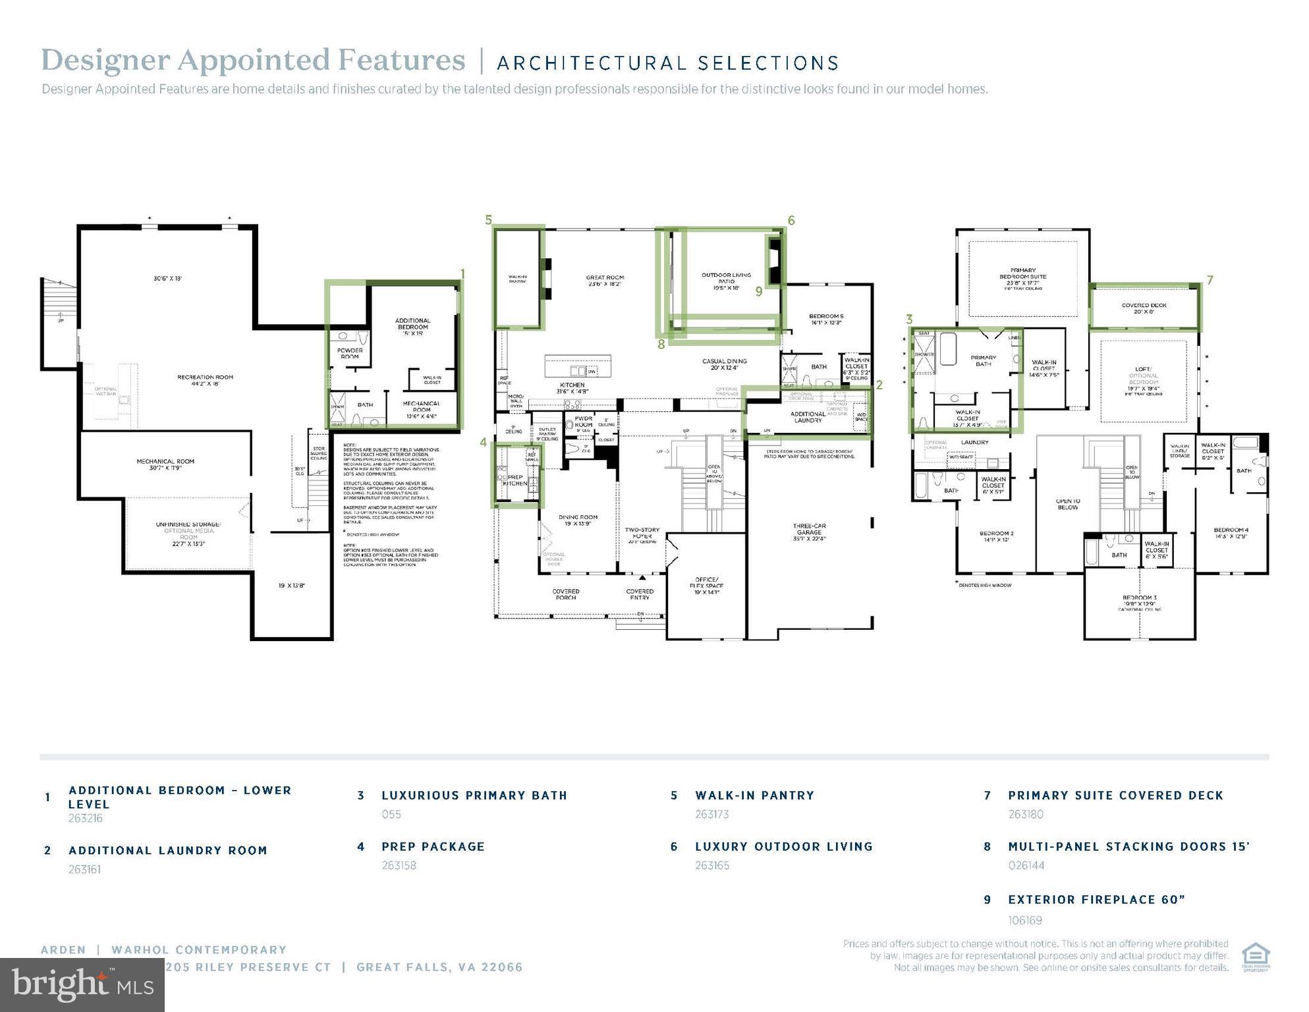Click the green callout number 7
(x=1210, y=281)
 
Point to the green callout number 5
(x=488, y=220)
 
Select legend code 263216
(x=86, y=818)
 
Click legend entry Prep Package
(x=433, y=847)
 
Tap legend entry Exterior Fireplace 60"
(x=1096, y=900)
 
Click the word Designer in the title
(x=105, y=60)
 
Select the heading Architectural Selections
(x=667, y=63)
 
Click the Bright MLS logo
(x=82, y=985)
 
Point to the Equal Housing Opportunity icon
(x=1255, y=957)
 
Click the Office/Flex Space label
(x=706, y=585)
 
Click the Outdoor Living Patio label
(x=726, y=281)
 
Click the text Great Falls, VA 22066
(x=439, y=967)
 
